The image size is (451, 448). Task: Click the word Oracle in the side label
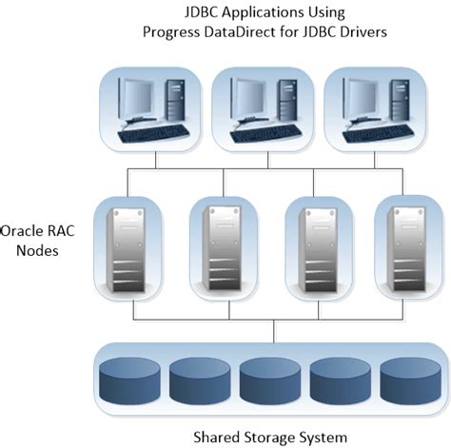pos(23,231)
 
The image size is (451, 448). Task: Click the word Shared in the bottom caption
pos(217,437)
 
